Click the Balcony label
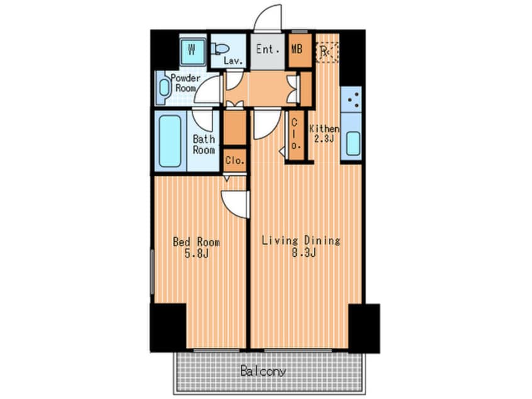pos(263,371)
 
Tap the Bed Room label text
pos(196,242)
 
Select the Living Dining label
pos(301,240)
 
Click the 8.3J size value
pos(304,252)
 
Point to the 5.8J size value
pos(196,254)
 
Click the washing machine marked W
pos(192,51)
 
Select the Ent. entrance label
pos(268,50)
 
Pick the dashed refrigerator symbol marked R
pos(328,52)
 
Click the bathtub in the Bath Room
pos(170,141)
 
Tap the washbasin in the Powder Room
pos(164,87)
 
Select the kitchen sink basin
pos(353,143)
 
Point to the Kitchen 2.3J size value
pos(324,138)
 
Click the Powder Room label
pos(186,83)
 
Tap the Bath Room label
pos(204,144)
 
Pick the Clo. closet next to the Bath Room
pos(235,160)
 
